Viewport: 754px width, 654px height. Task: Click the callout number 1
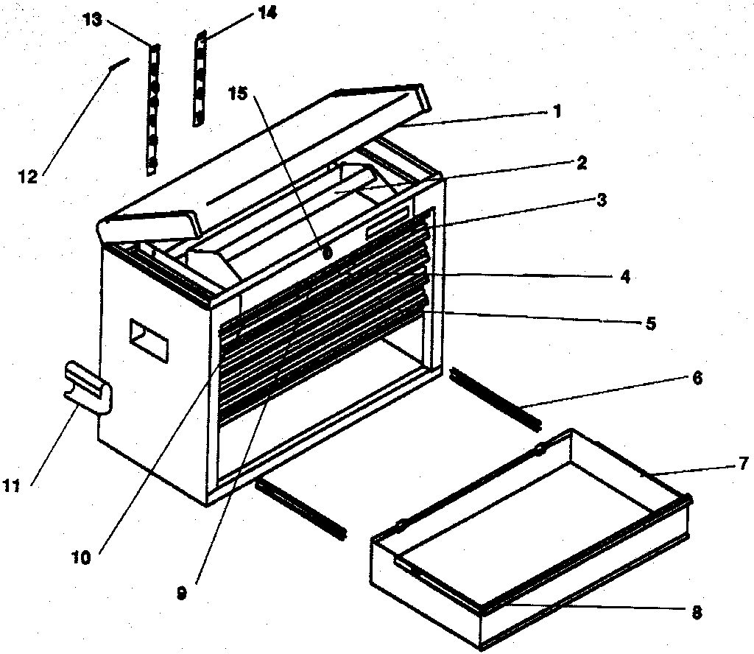point(557,111)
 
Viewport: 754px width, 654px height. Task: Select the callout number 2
point(581,163)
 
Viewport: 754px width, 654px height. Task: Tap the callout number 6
point(697,379)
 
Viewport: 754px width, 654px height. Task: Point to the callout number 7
point(743,463)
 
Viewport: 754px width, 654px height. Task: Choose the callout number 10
point(81,558)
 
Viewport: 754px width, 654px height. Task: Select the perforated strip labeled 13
point(153,110)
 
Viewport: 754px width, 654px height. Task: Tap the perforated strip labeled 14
point(198,78)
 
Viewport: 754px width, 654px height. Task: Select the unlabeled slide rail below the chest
point(300,507)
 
